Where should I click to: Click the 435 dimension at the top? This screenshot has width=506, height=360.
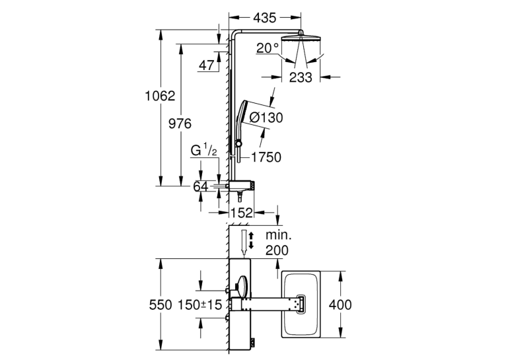(265, 18)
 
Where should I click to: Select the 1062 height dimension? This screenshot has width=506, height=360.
(160, 96)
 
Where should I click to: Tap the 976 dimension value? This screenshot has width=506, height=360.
(180, 124)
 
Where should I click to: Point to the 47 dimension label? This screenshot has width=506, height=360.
(207, 65)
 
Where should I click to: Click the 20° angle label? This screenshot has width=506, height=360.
(268, 48)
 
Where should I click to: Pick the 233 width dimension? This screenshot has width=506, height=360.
(301, 77)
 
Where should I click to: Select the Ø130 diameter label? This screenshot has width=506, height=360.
(266, 118)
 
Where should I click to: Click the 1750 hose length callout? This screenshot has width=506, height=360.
(266, 157)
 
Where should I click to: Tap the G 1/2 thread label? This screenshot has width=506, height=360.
(203, 151)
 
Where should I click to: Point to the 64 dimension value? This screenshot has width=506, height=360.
(201, 186)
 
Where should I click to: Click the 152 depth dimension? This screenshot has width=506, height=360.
(241, 213)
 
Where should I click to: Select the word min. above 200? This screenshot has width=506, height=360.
(279, 235)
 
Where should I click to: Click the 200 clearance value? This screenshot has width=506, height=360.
(277, 250)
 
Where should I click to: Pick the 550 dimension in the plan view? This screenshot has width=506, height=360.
(161, 305)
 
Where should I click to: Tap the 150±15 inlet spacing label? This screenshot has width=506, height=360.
(200, 305)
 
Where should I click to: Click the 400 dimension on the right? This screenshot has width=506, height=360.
(340, 305)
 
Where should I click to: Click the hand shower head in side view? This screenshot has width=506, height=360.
(241, 114)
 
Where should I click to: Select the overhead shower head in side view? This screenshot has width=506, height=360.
(301, 38)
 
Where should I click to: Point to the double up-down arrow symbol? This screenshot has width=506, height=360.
(252, 240)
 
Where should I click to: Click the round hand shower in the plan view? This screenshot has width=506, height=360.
(242, 287)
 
